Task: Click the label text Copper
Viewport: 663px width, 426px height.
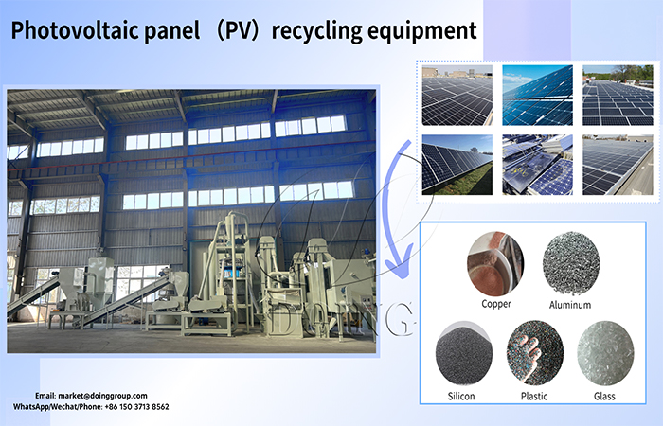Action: click(495, 306)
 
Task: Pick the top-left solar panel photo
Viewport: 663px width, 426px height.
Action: click(457, 95)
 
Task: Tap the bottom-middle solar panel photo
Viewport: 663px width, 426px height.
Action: click(536, 165)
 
